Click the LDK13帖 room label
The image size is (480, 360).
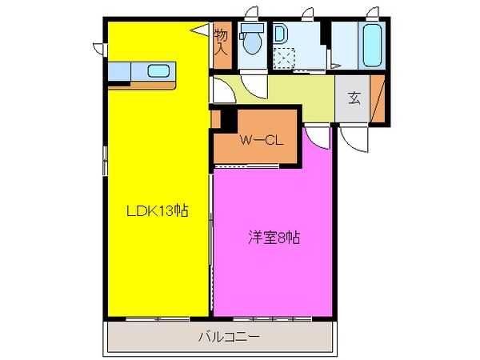(x=157, y=211)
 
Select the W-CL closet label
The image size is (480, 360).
(x=258, y=141)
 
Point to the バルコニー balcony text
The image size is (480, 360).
(x=229, y=338)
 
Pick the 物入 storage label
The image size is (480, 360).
(x=222, y=41)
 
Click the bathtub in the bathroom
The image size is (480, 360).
(x=372, y=46)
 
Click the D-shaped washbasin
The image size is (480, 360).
(x=280, y=35)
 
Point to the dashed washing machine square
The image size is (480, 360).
(x=284, y=60)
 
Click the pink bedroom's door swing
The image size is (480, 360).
(x=318, y=135)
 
